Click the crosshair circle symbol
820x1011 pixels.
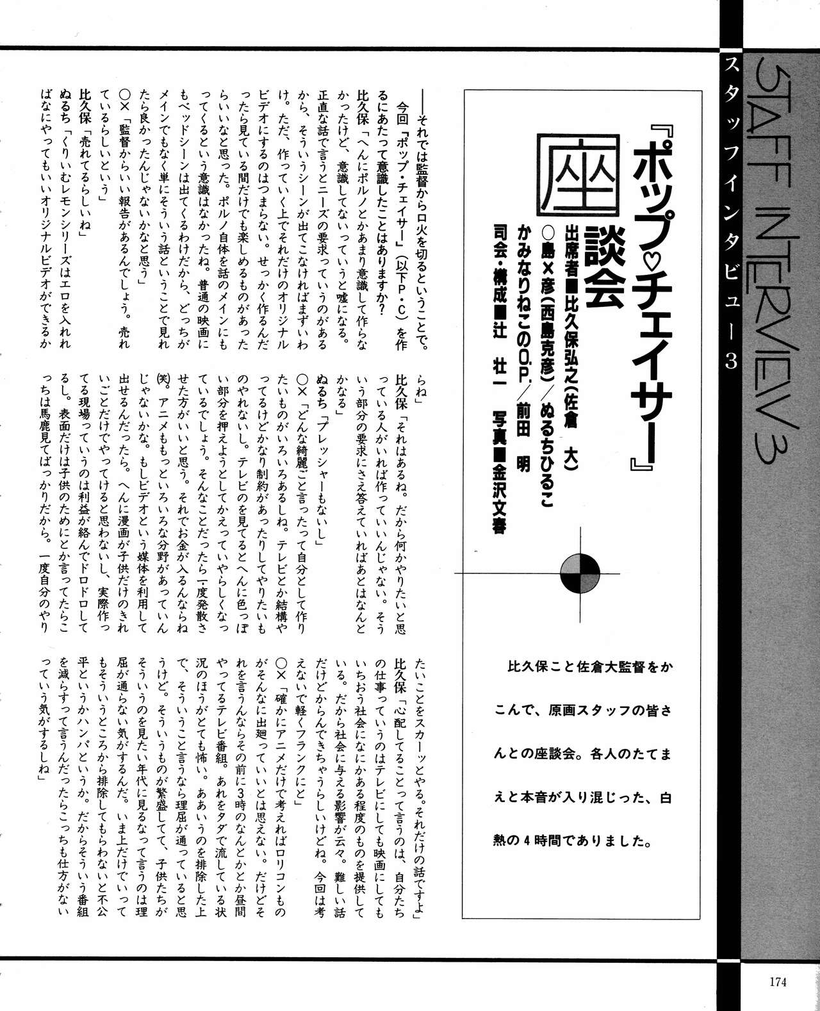pos(580,572)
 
